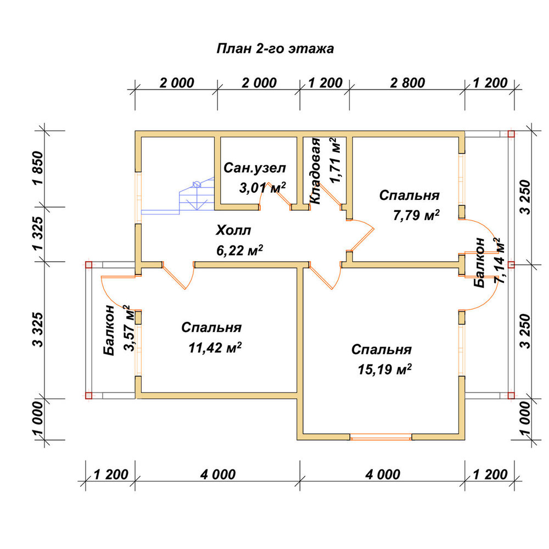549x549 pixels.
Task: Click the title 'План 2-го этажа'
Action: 275,49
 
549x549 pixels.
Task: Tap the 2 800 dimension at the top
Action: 407,83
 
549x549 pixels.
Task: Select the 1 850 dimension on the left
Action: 38,168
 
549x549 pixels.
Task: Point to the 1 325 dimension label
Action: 38,233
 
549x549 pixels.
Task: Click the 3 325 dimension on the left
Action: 38,329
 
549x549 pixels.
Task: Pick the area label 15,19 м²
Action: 384,369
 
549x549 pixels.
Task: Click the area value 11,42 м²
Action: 215,348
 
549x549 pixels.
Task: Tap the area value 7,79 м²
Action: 416,215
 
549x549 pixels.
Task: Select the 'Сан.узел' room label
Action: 255,168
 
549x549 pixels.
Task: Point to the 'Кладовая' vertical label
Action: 316,171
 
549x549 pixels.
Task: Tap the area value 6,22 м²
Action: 239,251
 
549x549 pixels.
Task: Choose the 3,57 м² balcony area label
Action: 129,328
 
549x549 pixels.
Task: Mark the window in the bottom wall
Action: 381,436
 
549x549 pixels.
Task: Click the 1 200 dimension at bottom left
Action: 111,475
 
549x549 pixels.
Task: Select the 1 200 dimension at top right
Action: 490,83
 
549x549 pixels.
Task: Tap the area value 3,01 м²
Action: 262,188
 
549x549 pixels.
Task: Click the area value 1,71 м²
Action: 335,160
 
